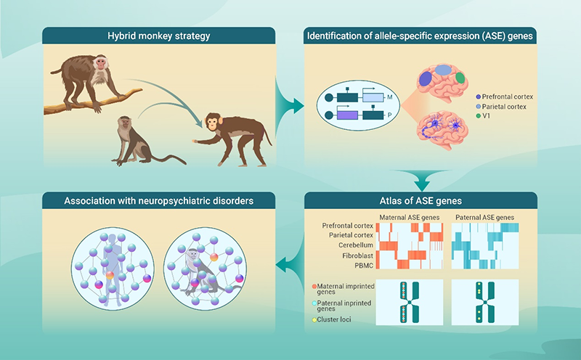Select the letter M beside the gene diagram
pyautogui.click(x=389, y=97)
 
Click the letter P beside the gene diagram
pyautogui.click(x=389, y=114)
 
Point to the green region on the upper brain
pyautogui.click(x=459, y=77)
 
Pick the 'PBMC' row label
pyautogui.click(x=362, y=265)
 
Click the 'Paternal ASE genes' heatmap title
pyautogui.click(x=486, y=216)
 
